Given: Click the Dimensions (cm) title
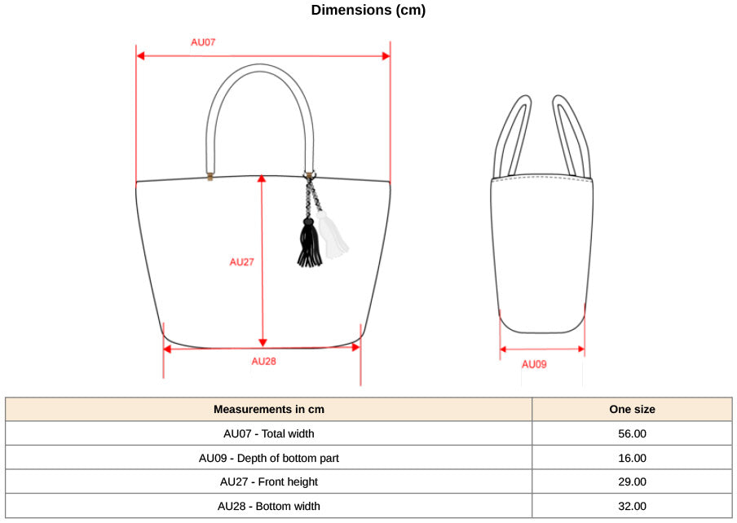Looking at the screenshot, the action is (x=368, y=10).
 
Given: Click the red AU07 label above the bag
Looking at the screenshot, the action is (x=203, y=42).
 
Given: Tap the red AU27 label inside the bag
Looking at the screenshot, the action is (x=241, y=262).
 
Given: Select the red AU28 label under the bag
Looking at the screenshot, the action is (x=263, y=361).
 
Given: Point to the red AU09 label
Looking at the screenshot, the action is (x=534, y=364).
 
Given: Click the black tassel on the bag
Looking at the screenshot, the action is (x=309, y=244).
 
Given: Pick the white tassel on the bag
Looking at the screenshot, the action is (x=333, y=235).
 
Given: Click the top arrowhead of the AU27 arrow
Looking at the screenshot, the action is (x=263, y=179).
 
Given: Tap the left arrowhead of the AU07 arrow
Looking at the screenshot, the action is (x=140, y=56).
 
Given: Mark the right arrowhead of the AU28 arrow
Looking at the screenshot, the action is (x=355, y=347).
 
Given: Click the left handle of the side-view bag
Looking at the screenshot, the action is (x=511, y=136).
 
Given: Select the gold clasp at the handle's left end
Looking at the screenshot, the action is (x=210, y=177).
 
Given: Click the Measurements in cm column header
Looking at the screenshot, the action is (x=269, y=410).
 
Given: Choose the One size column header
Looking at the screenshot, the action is (x=632, y=410).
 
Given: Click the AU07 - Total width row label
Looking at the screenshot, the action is (x=269, y=434).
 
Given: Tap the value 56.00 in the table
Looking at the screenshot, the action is (x=632, y=434).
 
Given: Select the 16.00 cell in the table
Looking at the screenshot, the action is (x=632, y=458).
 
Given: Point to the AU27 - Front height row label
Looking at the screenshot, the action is (x=269, y=482).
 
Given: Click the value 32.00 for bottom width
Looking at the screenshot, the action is (x=632, y=507).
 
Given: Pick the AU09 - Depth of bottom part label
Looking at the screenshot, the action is (x=269, y=458).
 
